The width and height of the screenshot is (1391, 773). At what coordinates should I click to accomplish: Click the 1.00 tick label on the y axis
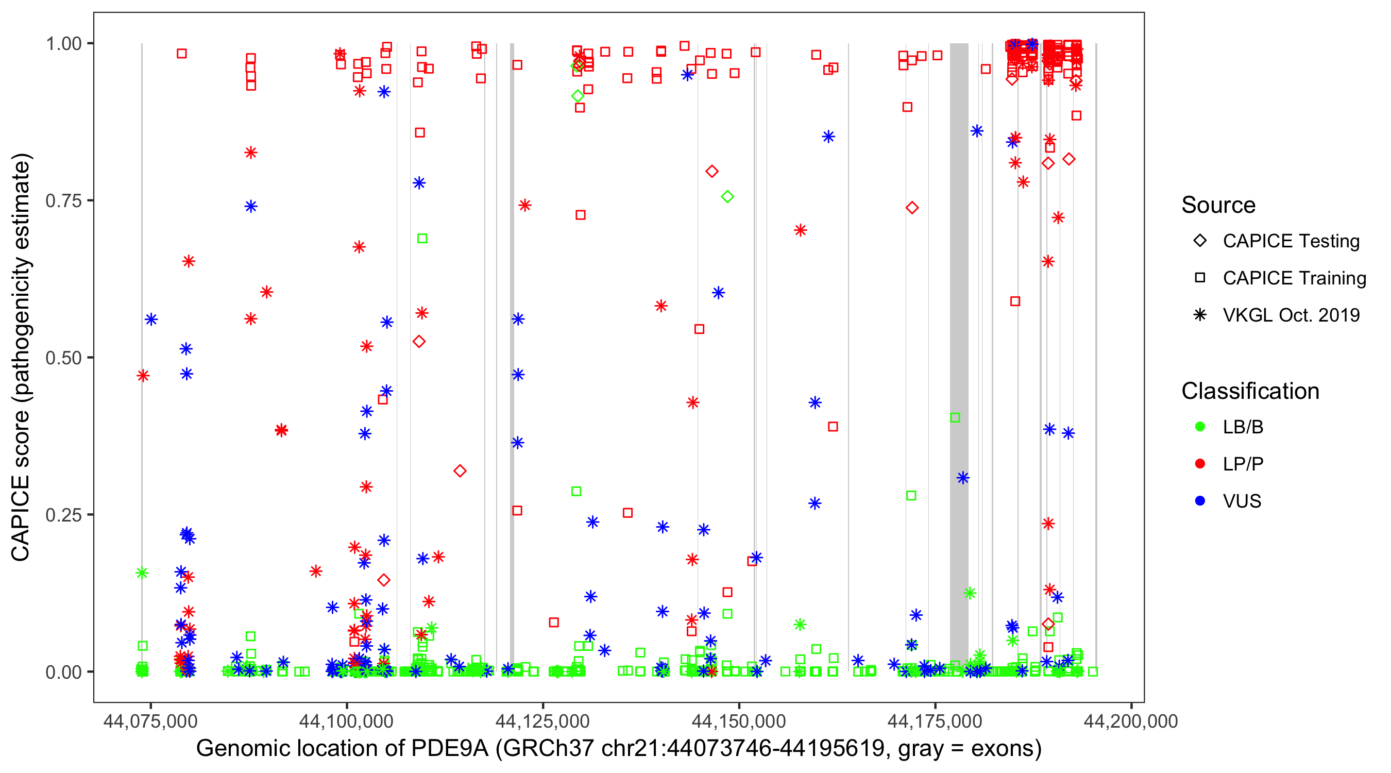click(63, 44)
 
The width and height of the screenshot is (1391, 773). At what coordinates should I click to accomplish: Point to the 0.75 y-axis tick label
click(63, 201)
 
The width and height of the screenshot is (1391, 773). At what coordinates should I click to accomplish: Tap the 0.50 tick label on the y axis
click(63, 358)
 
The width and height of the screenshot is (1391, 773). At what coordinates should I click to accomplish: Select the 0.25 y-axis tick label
click(63, 515)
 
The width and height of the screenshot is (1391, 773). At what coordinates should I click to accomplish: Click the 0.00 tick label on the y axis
click(63, 672)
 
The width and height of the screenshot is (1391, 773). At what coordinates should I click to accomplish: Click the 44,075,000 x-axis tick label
click(150, 721)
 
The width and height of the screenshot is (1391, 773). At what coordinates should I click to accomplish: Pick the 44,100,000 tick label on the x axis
click(346, 721)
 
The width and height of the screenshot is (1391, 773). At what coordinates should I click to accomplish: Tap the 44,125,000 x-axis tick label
click(542, 721)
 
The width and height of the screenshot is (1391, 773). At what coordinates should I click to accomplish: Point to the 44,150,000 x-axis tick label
click(739, 721)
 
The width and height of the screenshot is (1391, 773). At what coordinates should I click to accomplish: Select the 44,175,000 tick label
click(935, 721)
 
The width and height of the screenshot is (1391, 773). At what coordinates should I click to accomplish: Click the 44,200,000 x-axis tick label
click(1131, 721)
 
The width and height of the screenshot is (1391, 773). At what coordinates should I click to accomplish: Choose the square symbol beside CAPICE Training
click(1200, 278)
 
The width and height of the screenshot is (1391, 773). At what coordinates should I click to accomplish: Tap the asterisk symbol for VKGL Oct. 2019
click(1200, 315)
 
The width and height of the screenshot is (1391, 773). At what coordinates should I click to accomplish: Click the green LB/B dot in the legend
click(1200, 427)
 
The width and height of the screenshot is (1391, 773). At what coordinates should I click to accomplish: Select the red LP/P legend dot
click(1200, 464)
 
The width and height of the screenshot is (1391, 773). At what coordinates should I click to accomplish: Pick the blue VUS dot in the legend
click(1200, 501)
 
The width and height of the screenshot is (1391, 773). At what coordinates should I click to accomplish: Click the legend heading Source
click(1218, 205)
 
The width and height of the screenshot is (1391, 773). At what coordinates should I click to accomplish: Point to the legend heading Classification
click(1250, 391)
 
